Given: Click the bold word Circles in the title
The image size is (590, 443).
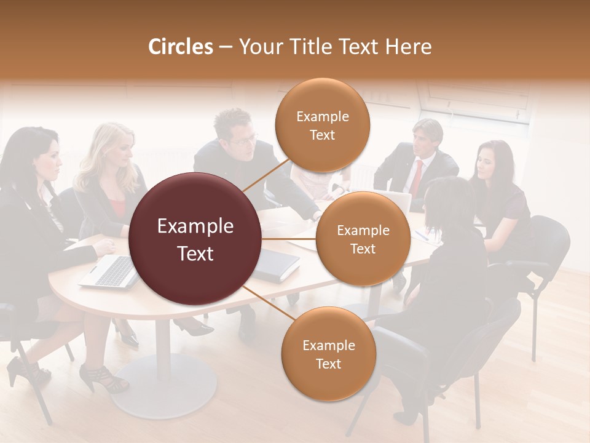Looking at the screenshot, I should (x=180, y=47).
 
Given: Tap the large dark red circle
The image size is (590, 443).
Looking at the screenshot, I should (x=195, y=239).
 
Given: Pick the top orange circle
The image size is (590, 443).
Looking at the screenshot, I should (x=322, y=125).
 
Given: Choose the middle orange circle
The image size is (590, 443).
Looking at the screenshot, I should (x=363, y=239).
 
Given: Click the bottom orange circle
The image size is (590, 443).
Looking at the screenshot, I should (x=328, y=354).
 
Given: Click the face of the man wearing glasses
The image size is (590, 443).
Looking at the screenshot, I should (x=242, y=139).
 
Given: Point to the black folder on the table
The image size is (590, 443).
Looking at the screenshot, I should (x=276, y=265).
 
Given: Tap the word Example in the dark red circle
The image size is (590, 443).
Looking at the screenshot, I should (x=195, y=226).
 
